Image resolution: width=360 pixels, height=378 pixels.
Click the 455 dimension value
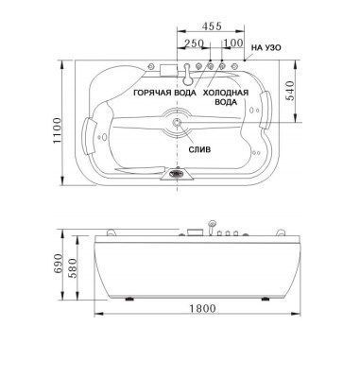[213, 26]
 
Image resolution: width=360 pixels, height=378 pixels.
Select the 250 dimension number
[194, 43]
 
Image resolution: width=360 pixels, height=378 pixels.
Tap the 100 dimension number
[233, 43]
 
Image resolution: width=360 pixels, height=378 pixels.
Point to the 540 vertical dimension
[290, 91]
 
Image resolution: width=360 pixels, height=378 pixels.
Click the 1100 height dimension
[57, 130]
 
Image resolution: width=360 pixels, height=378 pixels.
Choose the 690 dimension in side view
[58, 265]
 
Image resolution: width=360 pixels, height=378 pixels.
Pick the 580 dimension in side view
[73, 268]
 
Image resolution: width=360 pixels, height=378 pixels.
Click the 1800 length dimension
[203, 308]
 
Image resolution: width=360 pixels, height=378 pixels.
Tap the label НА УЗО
[266, 48]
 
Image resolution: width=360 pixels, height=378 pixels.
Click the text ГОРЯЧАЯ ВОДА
[165, 93]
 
